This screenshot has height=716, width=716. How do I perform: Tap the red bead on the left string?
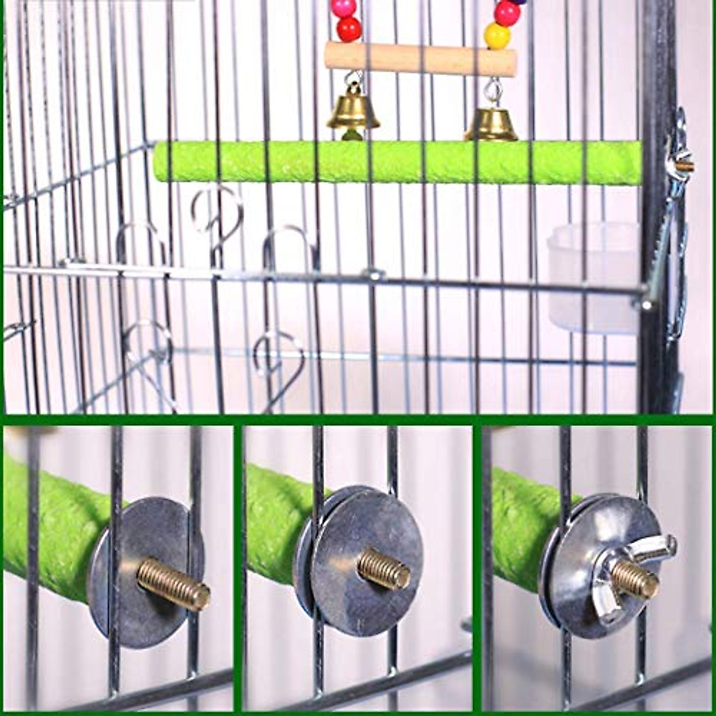click(348, 29)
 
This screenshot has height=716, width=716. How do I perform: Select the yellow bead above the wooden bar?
click(497, 36)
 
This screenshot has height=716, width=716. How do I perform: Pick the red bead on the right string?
click(507, 13)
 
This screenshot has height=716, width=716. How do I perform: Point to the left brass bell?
click(353, 110)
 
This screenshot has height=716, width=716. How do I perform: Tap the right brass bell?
click(491, 124)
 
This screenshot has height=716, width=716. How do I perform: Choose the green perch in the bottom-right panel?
click(519, 525)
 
